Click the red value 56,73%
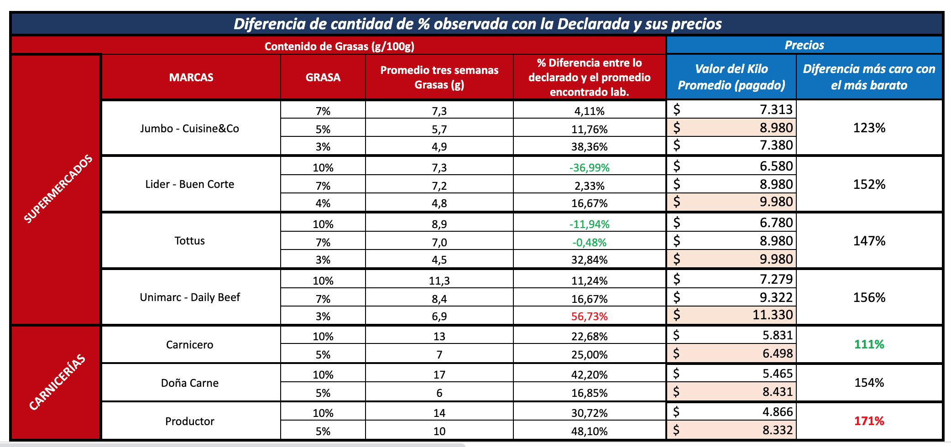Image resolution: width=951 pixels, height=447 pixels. (x=589, y=316)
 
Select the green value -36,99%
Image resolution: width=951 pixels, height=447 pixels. (x=589, y=168)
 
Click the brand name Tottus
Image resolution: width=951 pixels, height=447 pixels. (x=189, y=241)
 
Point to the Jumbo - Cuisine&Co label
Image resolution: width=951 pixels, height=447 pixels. (x=189, y=129)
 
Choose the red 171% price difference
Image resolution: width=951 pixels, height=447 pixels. (x=869, y=421)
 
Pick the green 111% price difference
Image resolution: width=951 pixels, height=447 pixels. (x=869, y=344)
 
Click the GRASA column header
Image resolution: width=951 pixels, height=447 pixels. (x=323, y=78)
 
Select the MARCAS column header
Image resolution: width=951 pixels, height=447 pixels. (x=191, y=78)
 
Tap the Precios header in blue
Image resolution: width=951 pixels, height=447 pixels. (x=804, y=45)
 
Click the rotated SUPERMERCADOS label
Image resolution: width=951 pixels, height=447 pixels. (x=58, y=189)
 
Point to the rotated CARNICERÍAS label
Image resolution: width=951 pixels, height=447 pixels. (x=57, y=382)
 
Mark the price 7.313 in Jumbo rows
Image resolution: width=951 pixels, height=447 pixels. (x=776, y=110)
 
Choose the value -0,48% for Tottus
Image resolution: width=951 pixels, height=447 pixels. (x=589, y=243)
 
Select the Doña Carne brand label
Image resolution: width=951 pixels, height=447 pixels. (x=189, y=383)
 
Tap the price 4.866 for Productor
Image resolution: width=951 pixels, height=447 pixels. (x=777, y=412)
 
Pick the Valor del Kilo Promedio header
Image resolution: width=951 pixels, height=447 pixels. (x=731, y=77)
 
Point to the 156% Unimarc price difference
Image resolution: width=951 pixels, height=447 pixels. (x=869, y=298)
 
